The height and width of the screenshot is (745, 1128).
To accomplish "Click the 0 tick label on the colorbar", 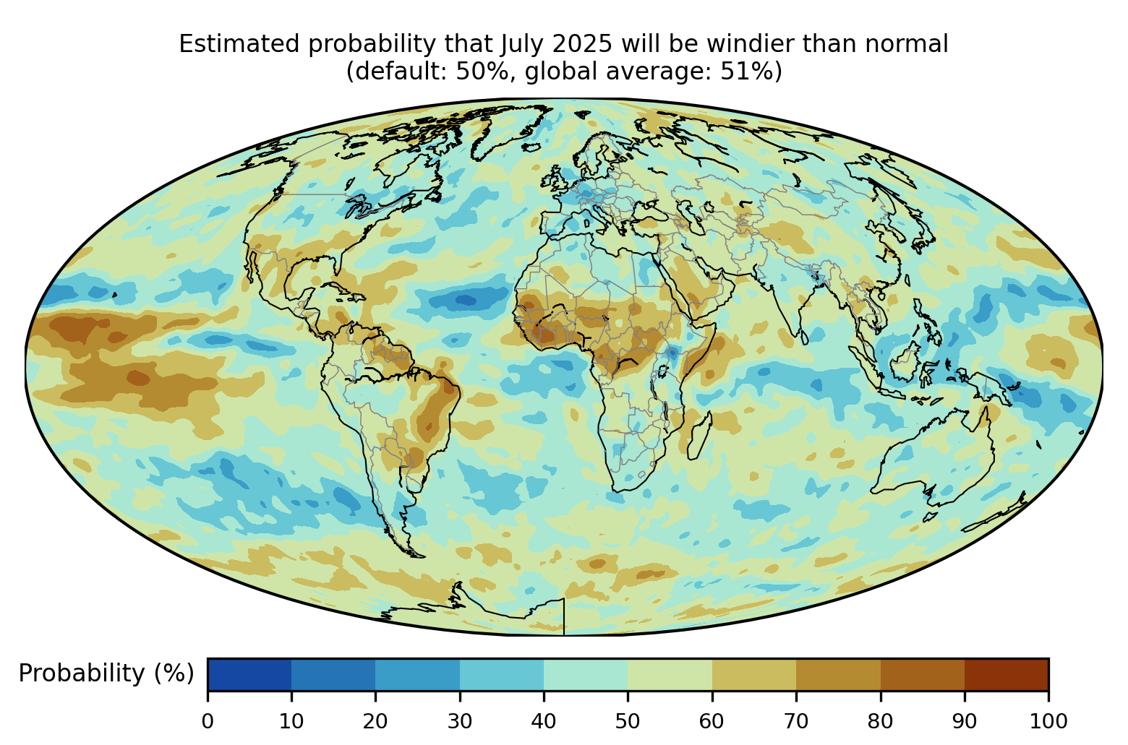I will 208,720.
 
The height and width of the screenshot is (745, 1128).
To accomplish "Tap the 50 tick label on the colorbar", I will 628,720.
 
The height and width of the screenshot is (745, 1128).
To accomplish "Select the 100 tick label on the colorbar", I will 1048,720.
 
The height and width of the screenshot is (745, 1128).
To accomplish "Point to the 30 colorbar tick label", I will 460,720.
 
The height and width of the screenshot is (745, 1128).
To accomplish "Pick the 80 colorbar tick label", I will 880,720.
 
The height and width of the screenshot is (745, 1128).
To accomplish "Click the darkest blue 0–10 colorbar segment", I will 249,675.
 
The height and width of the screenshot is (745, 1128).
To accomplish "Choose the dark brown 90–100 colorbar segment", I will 1006,675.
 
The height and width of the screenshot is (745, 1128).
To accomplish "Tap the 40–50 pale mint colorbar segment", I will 586,675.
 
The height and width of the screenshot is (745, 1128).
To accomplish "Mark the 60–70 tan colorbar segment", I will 753,675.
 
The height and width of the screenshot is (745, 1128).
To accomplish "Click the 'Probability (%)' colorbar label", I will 106,673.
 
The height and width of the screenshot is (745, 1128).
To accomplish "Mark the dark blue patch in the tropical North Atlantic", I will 464,299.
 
